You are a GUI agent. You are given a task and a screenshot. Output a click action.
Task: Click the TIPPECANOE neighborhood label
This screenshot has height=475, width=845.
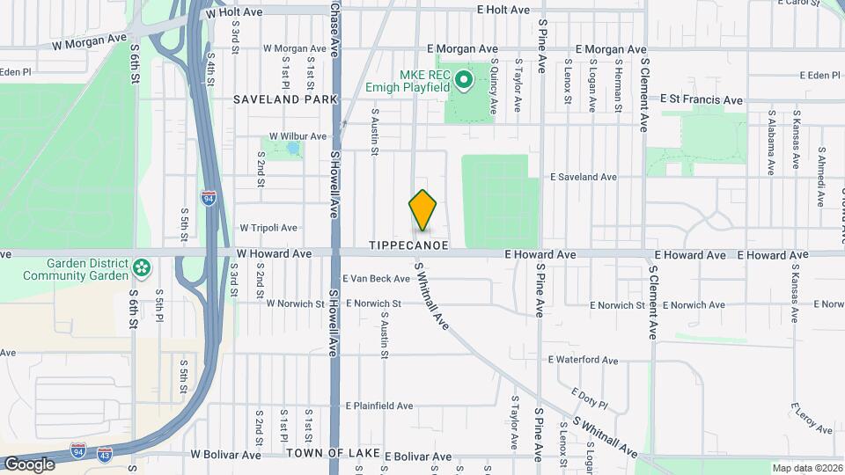point(408,245)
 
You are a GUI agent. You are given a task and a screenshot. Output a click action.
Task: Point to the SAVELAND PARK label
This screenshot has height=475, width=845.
point(285,99)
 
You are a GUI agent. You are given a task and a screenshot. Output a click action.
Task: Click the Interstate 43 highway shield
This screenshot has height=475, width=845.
point(105,455)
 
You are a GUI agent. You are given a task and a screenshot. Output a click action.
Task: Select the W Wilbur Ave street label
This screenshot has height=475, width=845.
point(298,136)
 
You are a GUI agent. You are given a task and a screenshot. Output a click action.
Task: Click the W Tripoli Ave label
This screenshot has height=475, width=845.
point(268,228)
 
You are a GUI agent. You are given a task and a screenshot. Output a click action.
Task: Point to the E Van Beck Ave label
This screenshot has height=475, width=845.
point(377,279)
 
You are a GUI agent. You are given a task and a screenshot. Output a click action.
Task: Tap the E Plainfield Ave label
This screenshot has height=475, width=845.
point(379,406)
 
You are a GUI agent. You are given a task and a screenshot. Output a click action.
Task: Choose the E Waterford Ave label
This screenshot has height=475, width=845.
point(584,360)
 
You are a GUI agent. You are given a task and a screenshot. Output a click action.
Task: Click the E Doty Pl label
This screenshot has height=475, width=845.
point(590,398)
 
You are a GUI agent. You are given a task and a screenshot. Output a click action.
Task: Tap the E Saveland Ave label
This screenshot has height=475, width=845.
point(584,177)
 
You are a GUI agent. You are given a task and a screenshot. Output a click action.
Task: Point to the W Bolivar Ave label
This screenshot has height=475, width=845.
point(225,456)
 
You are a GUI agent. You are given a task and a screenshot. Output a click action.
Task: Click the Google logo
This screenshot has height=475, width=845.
point(30,464)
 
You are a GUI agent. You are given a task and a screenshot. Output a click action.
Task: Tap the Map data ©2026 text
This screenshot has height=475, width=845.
point(805,468)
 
